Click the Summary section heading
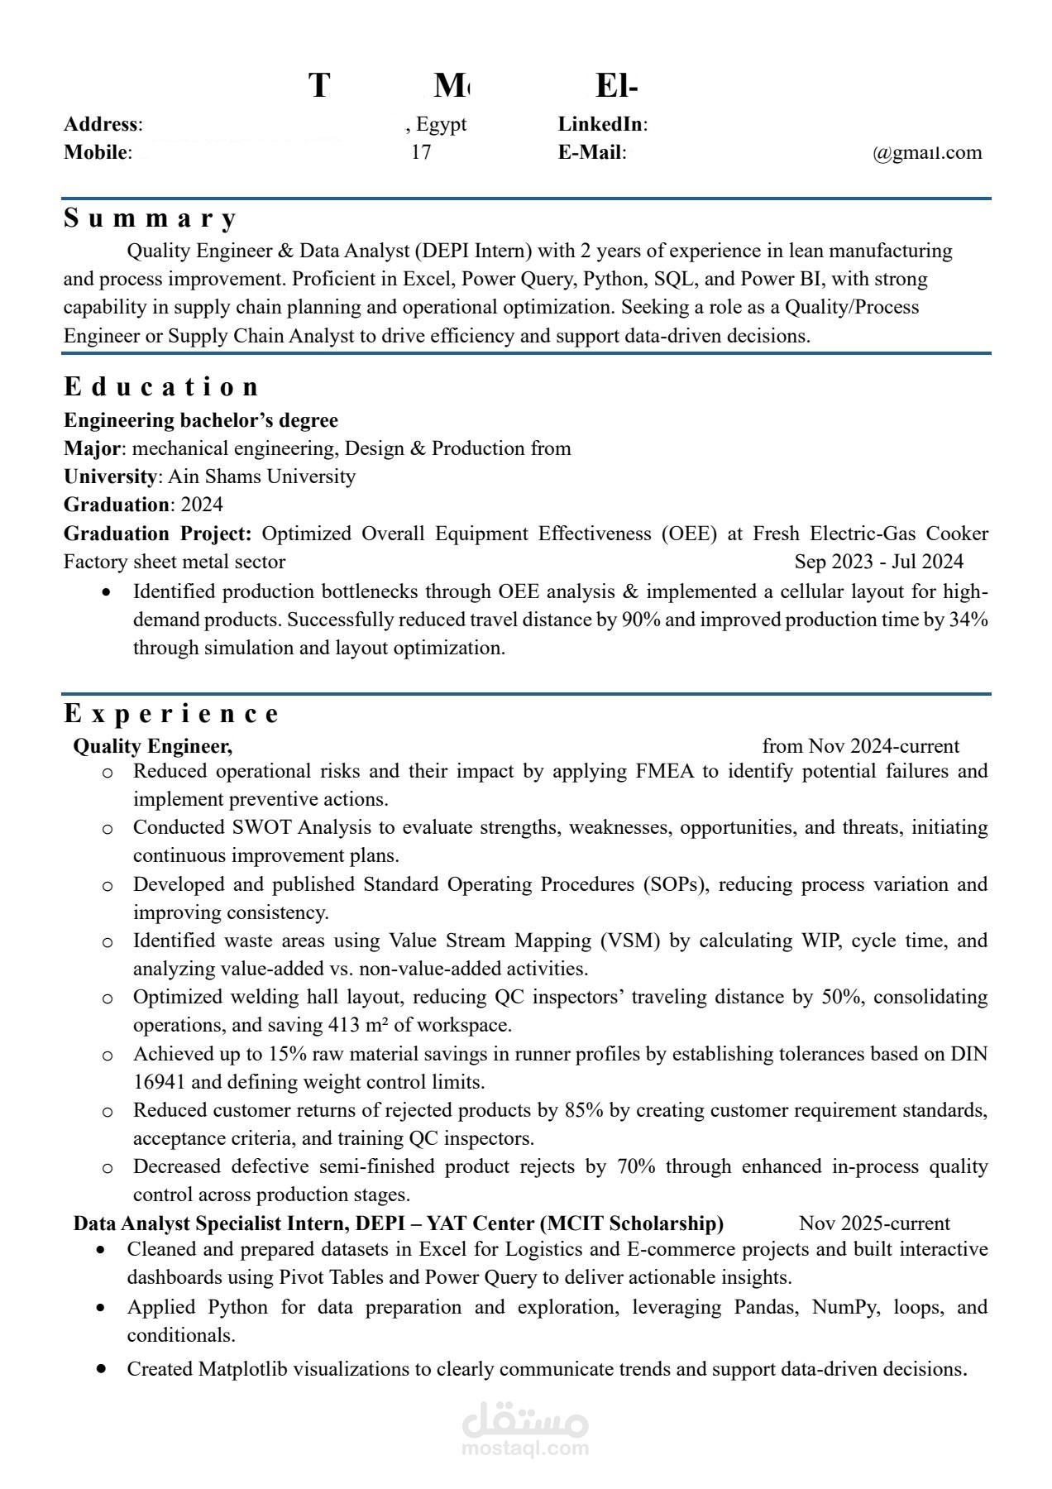pos(151,218)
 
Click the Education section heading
pos(161,386)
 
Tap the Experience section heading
pos(172,713)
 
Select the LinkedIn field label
pos(601,124)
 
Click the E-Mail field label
pos(591,152)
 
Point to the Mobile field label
pos(96,152)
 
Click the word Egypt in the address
pos(441,124)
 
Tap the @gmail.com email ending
pos(927,152)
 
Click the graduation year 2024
pos(202,505)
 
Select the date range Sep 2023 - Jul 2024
pos(878,562)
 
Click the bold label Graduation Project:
pos(157,534)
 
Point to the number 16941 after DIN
pos(160,1082)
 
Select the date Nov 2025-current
pos(874,1223)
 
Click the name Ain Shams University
pos(262,476)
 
